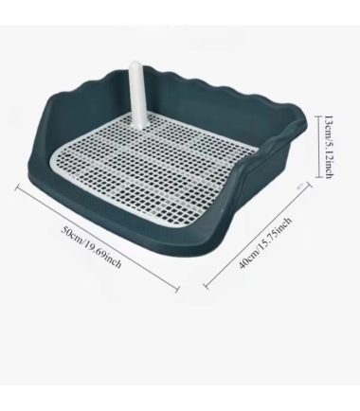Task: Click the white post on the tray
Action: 137,95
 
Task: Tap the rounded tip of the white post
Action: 136,63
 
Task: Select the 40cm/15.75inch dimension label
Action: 264,242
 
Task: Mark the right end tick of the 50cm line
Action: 177,288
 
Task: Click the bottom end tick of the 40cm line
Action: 207,286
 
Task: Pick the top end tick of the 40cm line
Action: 309,187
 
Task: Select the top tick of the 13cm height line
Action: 318,116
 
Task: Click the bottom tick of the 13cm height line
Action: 318,177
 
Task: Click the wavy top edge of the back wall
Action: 202,82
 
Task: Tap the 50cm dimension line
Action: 98,238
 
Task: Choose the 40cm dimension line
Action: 258,236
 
